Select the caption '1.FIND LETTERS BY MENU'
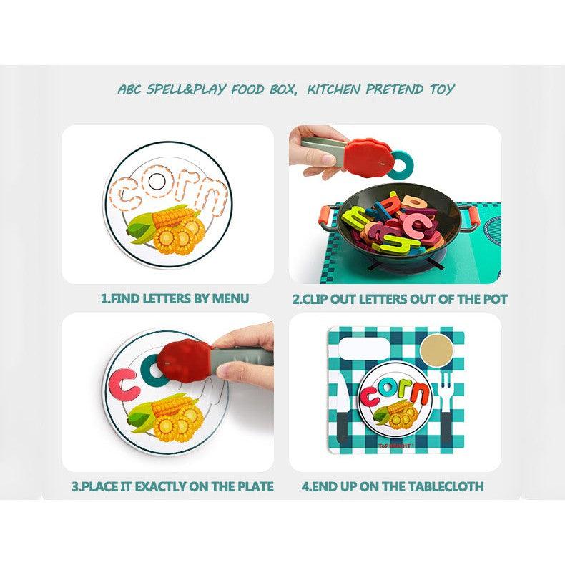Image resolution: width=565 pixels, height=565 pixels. (175, 298)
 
